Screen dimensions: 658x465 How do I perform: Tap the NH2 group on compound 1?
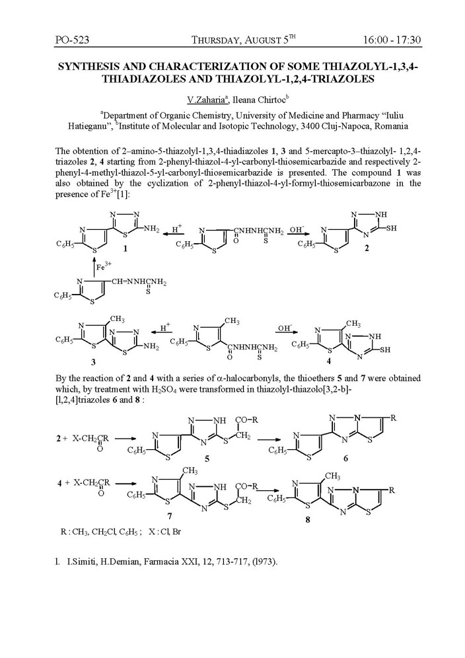pos(150,229)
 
